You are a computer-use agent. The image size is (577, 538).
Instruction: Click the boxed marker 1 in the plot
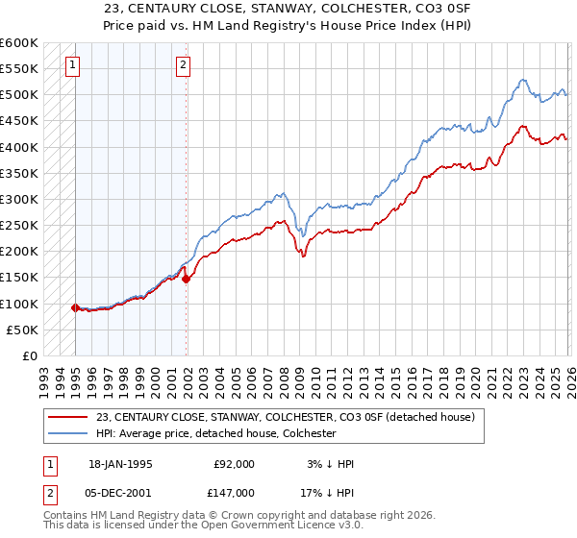73,65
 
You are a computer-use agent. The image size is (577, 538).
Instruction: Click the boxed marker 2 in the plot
183,65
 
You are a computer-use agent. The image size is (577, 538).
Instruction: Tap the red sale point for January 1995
75,307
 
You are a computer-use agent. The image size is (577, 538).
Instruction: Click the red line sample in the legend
67,417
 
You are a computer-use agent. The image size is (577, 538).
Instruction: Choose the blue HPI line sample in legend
67,433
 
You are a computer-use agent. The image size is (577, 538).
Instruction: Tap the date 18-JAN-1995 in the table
120,464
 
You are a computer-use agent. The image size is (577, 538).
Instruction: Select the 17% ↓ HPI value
328,492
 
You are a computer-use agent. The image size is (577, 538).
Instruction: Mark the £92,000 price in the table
234,464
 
